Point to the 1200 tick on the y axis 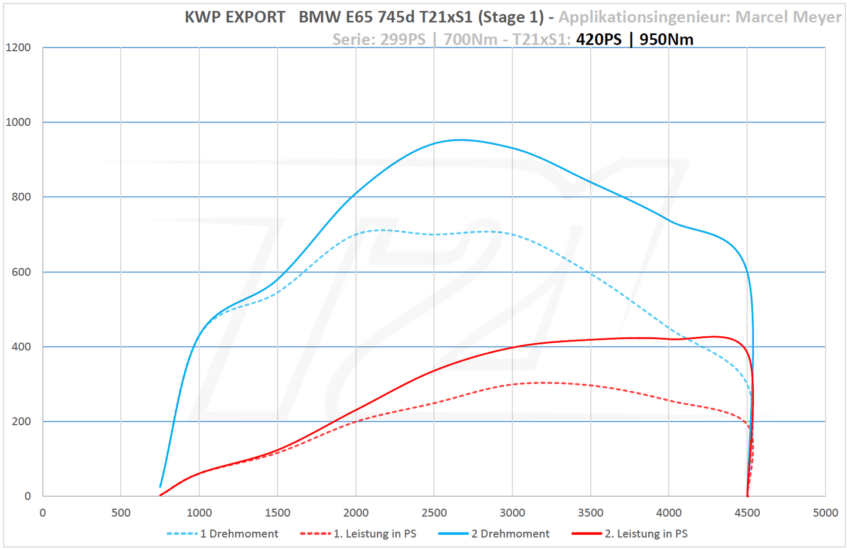[x=18, y=47]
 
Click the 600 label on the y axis [x=21, y=272]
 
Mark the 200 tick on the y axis [x=21, y=421]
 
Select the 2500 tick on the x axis [x=434, y=513]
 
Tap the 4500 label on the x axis [x=747, y=513]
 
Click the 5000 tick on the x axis [x=825, y=513]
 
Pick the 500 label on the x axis [x=121, y=513]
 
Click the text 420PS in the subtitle [x=598, y=39]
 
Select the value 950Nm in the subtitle [x=666, y=39]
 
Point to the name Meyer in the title [x=818, y=17]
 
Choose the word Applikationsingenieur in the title [x=644, y=17]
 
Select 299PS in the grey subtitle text [x=403, y=39]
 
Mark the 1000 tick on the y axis [x=18, y=122]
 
